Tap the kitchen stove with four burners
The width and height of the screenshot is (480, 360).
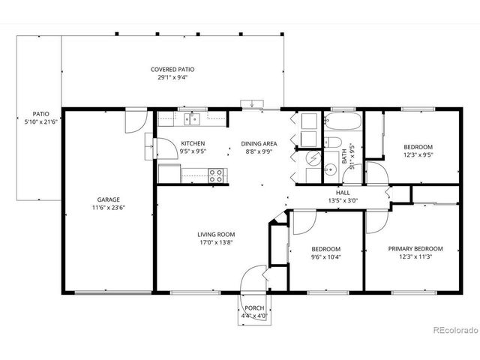point(215,175)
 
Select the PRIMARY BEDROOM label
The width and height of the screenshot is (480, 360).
point(415,248)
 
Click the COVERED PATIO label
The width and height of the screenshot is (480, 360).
point(172,69)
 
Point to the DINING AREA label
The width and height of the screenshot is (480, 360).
point(259,143)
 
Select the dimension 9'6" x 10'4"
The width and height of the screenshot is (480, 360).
point(325,257)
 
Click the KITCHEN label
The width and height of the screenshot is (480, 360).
point(193,143)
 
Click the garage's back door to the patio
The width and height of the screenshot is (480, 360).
point(135,121)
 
